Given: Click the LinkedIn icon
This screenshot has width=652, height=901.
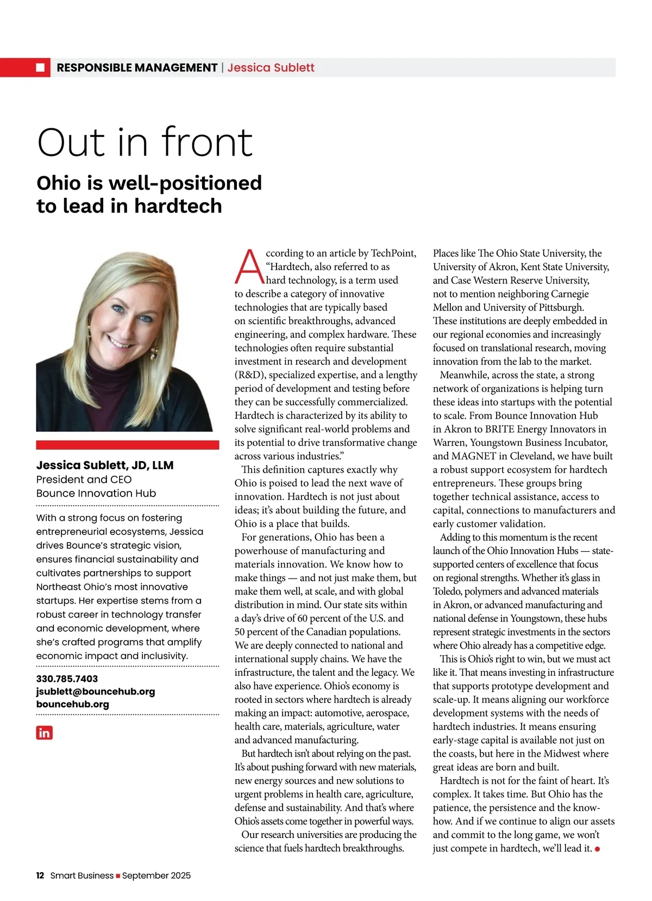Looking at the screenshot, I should click(x=45, y=732).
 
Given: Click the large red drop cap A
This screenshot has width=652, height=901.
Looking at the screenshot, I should click(x=249, y=267).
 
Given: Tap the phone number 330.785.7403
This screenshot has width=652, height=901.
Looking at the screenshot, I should click(x=67, y=679).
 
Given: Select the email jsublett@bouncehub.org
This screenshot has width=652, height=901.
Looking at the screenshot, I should click(x=95, y=691).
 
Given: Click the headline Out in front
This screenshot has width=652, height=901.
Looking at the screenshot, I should click(x=145, y=142).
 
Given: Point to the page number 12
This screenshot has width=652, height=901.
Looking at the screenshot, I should click(x=40, y=875).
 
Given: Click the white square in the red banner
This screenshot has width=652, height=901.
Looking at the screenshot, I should click(x=40, y=67).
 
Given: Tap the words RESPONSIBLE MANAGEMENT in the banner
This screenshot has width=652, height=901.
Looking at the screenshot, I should click(x=137, y=67).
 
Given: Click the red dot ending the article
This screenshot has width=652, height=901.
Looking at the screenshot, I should click(x=598, y=849).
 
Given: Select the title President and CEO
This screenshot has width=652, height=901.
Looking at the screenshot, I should click(x=84, y=479).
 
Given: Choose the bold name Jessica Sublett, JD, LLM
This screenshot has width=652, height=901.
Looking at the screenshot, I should click(x=105, y=465).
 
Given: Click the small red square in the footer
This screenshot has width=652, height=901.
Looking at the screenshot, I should click(x=118, y=875).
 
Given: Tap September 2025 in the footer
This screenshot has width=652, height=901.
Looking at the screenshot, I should click(x=156, y=875).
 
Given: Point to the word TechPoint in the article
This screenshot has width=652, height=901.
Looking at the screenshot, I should click(x=393, y=253).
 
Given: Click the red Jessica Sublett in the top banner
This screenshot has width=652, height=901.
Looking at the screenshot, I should click(x=271, y=67).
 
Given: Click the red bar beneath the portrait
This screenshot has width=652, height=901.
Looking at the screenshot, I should click(x=127, y=445).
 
